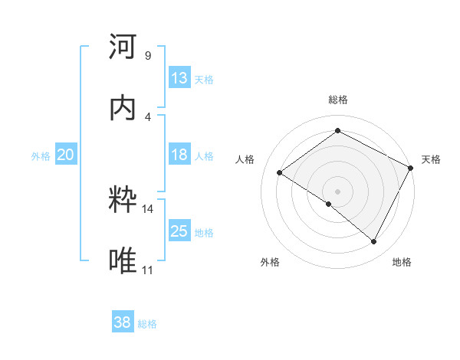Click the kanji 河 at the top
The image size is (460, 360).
tap(123, 47)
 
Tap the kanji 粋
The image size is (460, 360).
tap(123, 201)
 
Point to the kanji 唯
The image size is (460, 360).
tap(123, 260)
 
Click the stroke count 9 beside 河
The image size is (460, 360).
tap(148, 56)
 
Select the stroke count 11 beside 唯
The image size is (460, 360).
tap(148, 270)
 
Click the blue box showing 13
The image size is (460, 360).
tap(179, 78)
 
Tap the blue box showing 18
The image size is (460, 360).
tap(179, 155)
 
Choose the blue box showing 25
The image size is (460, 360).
tap(179, 231)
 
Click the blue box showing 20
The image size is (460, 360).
tap(65, 155)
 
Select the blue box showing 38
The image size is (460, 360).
tap(123, 322)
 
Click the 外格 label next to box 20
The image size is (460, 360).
tap(41, 156)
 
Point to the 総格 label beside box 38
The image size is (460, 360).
tap(147, 324)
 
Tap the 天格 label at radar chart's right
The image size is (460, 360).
tap(431, 159)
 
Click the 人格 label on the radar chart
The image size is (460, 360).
tap(245, 159)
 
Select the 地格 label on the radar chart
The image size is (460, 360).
tap(402, 262)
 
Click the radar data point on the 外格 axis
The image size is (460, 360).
tap(329, 204)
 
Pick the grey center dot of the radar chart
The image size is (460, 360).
tap(337, 191)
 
